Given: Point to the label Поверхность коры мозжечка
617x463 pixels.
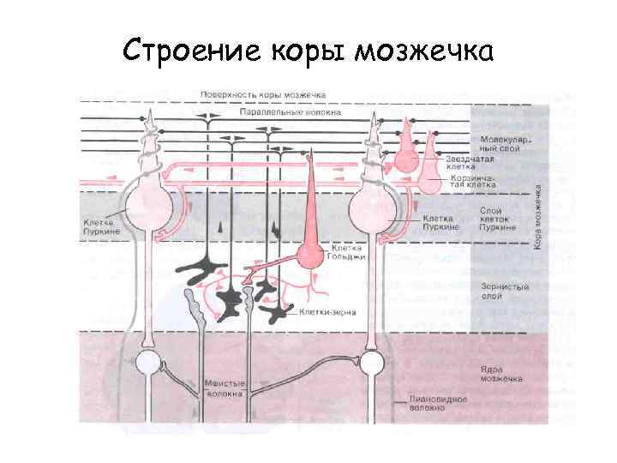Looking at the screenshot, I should point(262,93).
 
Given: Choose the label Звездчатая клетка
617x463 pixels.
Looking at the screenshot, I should point(471,162).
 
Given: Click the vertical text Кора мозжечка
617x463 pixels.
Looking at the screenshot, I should point(538,216).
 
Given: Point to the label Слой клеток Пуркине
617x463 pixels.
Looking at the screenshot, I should point(497,219).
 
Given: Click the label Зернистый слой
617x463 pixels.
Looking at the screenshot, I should point(495,292).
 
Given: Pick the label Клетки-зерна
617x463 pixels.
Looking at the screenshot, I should point(323,314).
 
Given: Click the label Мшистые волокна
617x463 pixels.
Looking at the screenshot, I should point(225,390).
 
